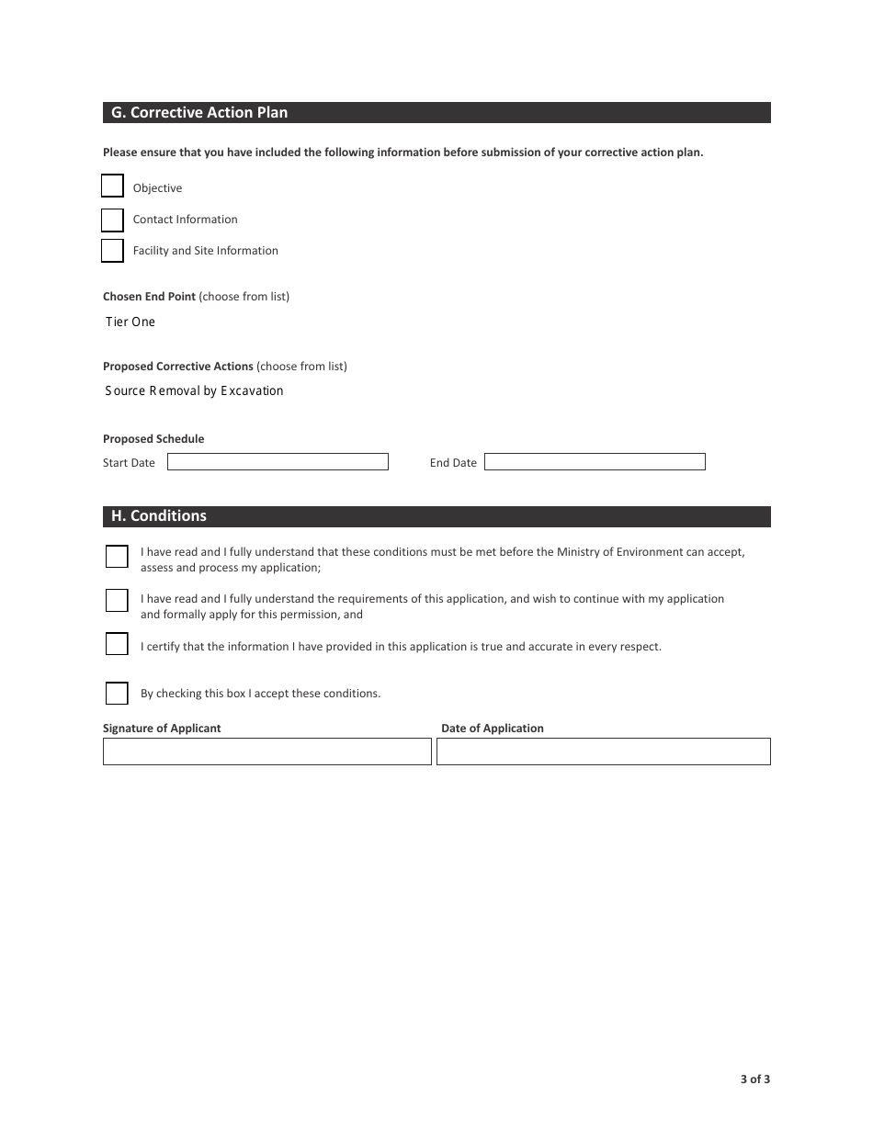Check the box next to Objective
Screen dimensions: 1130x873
point(112,186)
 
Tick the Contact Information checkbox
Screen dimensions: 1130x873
point(112,220)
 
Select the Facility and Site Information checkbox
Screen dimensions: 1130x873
point(112,251)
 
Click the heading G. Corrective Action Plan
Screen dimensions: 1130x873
point(199,113)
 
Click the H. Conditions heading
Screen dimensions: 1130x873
point(159,516)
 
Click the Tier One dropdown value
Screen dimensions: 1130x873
point(130,322)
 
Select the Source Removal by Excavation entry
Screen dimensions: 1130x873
point(194,391)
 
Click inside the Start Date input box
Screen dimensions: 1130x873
point(278,462)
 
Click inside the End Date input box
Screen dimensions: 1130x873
point(595,462)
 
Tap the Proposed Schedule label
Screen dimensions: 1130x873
point(153,439)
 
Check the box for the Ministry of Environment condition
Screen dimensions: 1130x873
point(117,557)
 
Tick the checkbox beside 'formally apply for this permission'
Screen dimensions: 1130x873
point(117,601)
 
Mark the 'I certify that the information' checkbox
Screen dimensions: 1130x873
point(117,644)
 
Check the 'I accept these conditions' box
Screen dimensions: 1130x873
point(117,693)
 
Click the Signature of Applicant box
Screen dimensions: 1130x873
point(266,751)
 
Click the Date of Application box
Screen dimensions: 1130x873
point(603,751)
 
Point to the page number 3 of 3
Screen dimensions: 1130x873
point(755,1079)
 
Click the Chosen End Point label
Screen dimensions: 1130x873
point(149,297)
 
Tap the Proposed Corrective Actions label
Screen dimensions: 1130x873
point(177,367)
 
